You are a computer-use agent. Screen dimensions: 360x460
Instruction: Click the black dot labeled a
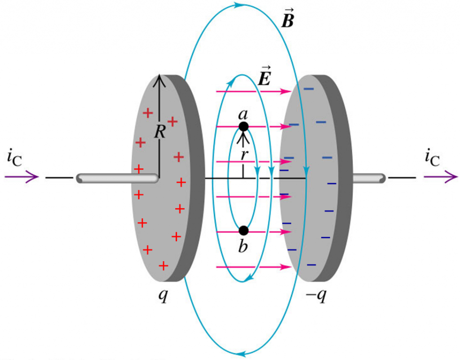point(243,127)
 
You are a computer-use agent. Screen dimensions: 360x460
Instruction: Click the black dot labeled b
point(243,231)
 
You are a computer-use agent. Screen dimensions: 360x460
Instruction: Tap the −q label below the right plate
point(314,297)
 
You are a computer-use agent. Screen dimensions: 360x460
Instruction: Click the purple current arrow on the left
point(22,178)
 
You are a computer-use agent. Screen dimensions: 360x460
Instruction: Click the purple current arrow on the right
point(440,178)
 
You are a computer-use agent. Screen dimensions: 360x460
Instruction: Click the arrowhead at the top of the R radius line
point(159,79)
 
